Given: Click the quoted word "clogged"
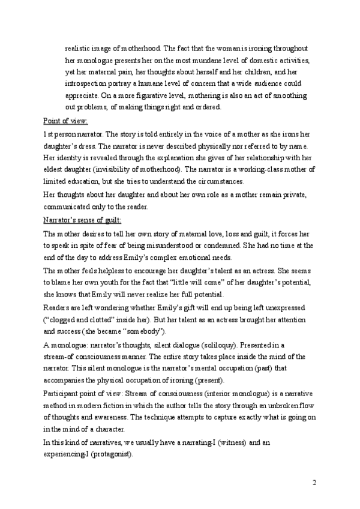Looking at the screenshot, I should point(65,319).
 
